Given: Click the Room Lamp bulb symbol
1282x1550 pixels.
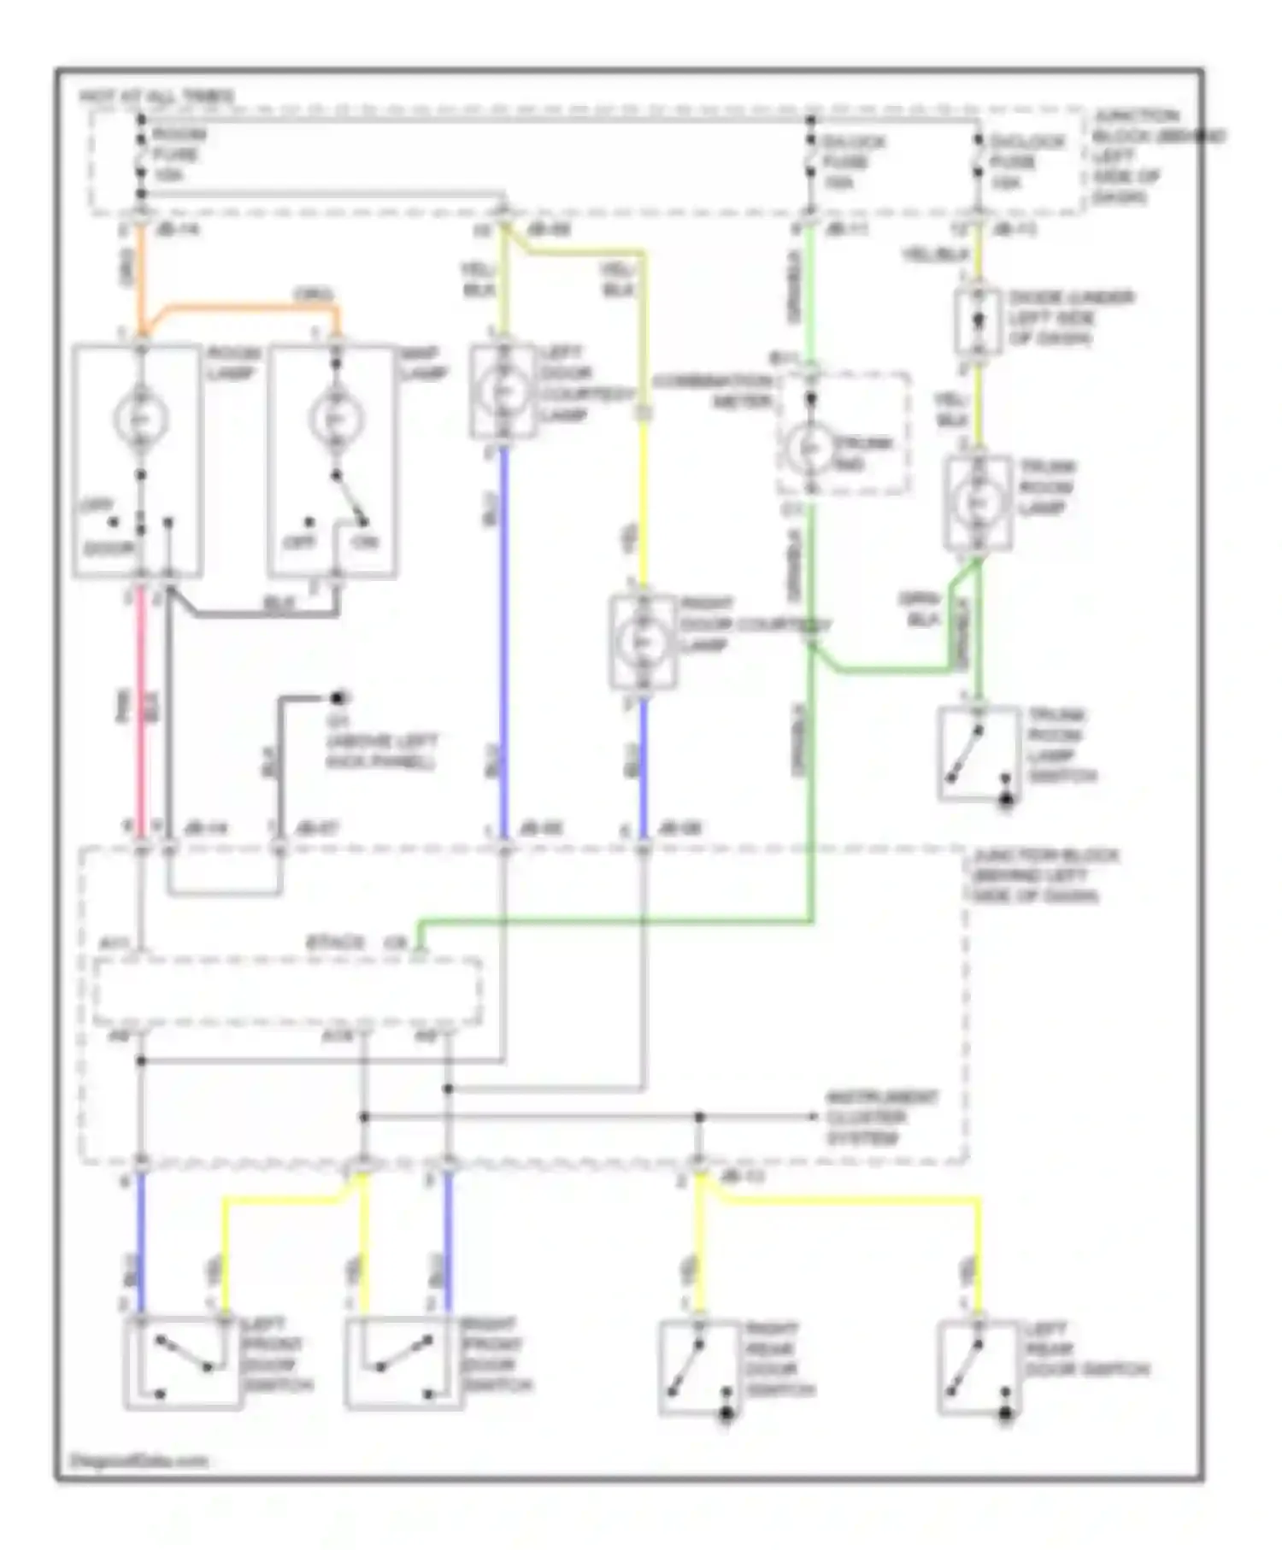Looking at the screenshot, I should pyautogui.click(x=140, y=418).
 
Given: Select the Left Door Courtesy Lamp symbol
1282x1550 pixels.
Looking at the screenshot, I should pyautogui.click(x=503, y=390).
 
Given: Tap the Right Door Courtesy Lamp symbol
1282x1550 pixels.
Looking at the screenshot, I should pyautogui.click(x=643, y=640).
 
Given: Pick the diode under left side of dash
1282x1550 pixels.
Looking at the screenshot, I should pyautogui.click(x=978, y=321).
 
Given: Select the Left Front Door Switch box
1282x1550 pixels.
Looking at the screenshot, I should pyautogui.click(x=182, y=1362).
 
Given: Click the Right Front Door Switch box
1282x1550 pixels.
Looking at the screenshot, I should pyautogui.click(x=402, y=1362).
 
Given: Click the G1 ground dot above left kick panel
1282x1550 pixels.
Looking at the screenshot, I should pyautogui.click(x=340, y=697).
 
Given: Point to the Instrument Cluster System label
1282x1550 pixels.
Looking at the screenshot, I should pyautogui.click(x=881, y=1117).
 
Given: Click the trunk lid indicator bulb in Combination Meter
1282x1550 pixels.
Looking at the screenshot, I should pyautogui.click(x=809, y=449).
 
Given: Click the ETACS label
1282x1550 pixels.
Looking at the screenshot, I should pyautogui.click(x=336, y=943).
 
